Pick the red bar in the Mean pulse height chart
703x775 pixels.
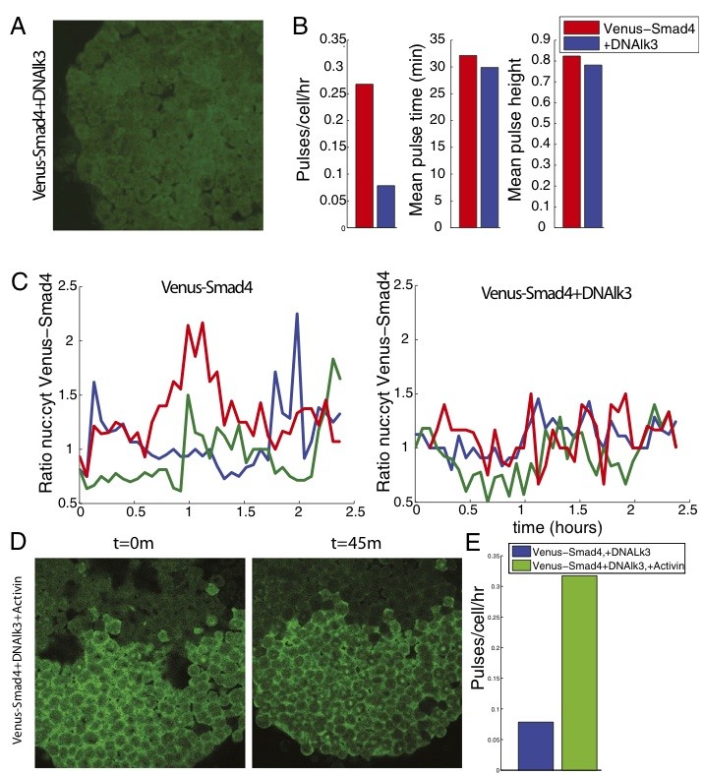571,142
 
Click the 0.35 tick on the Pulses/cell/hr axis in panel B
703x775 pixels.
333,39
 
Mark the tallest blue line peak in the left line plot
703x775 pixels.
297,315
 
